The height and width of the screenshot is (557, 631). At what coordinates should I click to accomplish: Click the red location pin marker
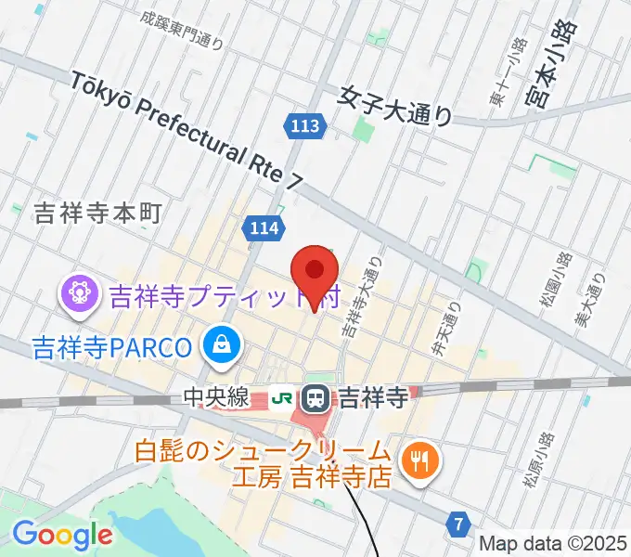pyautogui.click(x=314, y=272)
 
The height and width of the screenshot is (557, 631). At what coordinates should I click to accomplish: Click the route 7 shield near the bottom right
pyautogui.click(x=458, y=524)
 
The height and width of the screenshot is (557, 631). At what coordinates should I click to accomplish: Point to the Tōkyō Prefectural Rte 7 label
pyautogui.click(x=186, y=134)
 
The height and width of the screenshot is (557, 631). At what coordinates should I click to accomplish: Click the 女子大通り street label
pyautogui.click(x=395, y=105)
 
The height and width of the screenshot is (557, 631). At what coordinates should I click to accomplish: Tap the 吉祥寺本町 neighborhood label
pyautogui.click(x=97, y=214)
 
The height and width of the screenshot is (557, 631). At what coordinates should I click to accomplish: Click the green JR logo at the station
pyautogui.click(x=281, y=399)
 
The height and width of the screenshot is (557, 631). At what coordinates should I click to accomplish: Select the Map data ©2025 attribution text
pyautogui.click(x=552, y=545)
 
